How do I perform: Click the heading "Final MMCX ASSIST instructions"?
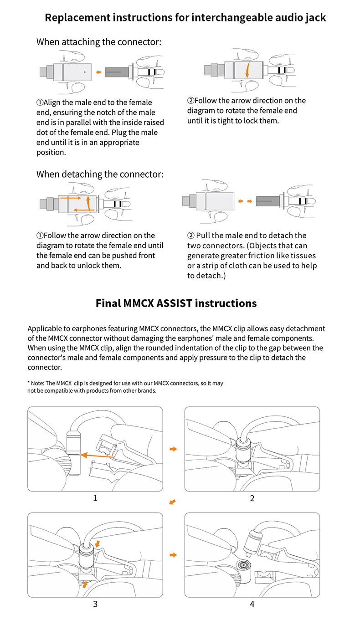pos(176,303)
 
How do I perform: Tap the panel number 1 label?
pos(95,498)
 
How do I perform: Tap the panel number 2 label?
pos(252,498)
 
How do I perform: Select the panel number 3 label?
pos(95,605)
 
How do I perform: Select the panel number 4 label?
pos(252,605)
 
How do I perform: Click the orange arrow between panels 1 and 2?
pos(173,449)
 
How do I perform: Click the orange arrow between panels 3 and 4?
pos(173,555)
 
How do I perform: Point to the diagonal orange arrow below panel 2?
pos(172,502)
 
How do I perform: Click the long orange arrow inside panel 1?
pos(98,454)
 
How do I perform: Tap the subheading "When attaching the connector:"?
pos(99,42)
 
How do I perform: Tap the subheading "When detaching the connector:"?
pos(100,174)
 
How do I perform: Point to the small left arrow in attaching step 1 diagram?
pos(98,72)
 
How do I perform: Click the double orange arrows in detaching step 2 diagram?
pos(246,200)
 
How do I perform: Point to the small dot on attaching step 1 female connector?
pos(85,72)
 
